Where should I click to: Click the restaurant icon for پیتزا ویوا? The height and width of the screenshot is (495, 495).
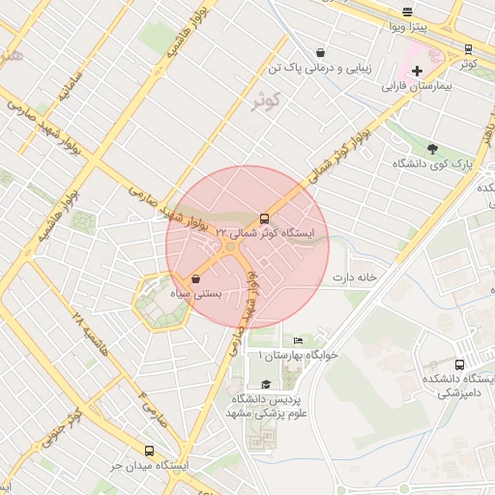pyautogui.click(x=408, y=13)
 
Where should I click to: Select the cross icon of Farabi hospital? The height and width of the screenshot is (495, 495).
pyautogui.click(x=417, y=71)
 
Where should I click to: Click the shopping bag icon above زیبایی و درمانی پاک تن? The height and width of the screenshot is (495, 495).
pyautogui.click(x=320, y=52)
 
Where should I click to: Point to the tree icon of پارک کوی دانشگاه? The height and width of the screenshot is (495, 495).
pyautogui.click(x=431, y=149)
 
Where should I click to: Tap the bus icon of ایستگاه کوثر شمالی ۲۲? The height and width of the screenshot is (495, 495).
pyautogui.click(x=264, y=218)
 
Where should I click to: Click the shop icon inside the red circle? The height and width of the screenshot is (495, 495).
pyautogui.click(x=196, y=278)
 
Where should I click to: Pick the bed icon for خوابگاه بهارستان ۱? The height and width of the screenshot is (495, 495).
pyautogui.click(x=298, y=341)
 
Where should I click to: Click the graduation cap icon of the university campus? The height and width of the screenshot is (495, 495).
pyautogui.click(x=266, y=385)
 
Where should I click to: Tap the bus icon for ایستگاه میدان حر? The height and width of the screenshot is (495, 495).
pyautogui.click(x=149, y=451)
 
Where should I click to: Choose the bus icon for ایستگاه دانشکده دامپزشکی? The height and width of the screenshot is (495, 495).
pyautogui.click(x=459, y=365)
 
